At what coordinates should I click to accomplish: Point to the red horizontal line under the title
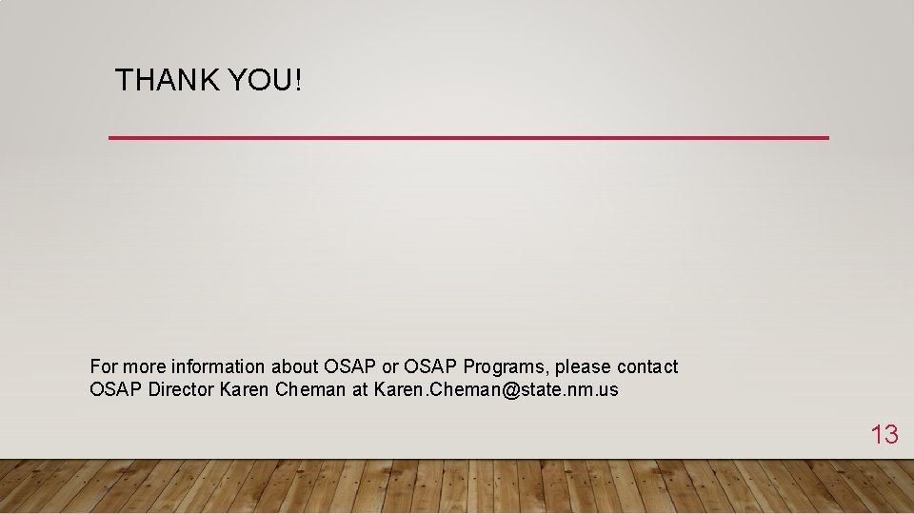[468, 138]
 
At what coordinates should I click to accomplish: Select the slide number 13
[884, 435]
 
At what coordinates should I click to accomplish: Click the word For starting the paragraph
[104, 366]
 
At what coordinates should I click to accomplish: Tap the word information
[218, 366]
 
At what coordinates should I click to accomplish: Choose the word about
[295, 366]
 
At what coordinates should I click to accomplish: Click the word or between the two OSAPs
[388, 366]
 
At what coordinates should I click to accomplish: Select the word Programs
[506, 366]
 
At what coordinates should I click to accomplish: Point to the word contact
[647, 366]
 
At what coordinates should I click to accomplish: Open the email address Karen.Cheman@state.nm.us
[496, 389]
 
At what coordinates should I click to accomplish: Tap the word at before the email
[360, 389]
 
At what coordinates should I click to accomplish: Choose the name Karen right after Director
[245, 389]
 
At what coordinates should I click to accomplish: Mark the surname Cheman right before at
[310, 389]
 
